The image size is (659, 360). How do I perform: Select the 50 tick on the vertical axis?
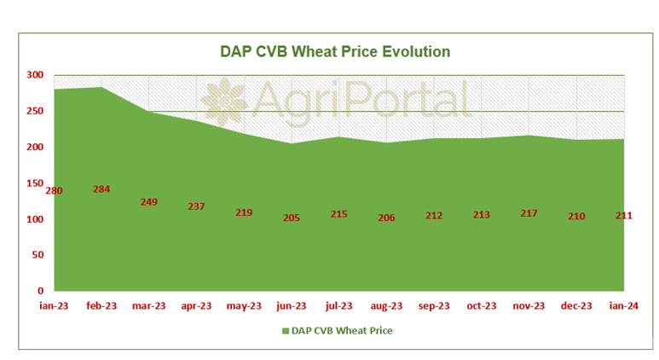coord(37,255)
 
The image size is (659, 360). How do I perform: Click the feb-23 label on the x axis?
coord(101,305)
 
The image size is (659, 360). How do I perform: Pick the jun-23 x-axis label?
coord(292,305)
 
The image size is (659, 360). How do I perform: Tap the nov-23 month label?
coord(529,305)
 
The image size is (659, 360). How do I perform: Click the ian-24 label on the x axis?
coord(623,305)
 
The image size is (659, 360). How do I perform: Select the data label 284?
coord(101,189)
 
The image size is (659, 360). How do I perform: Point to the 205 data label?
coord(292,218)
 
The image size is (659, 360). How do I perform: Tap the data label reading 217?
coord(529,212)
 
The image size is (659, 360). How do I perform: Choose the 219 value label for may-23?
coord(244,212)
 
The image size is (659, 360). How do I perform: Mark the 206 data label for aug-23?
coord(386,218)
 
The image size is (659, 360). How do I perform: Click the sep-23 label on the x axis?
coord(434,305)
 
